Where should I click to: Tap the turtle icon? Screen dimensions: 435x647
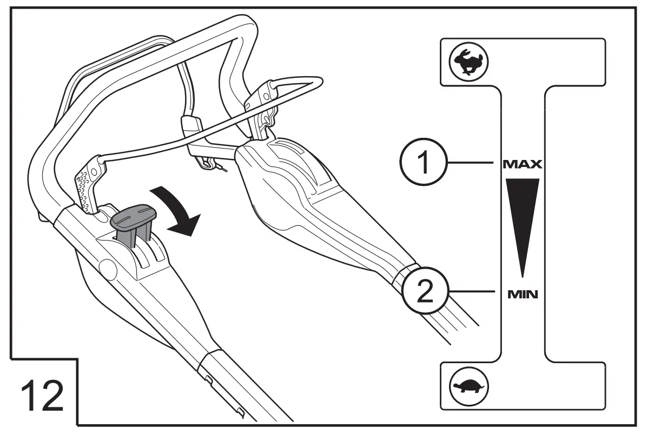click(x=468, y=386)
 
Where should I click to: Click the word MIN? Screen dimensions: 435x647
click(x=522, y=295)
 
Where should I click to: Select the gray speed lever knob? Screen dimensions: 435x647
click(x=133, y=216)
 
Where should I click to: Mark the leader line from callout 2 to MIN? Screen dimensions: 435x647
click(x=473, y=292)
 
